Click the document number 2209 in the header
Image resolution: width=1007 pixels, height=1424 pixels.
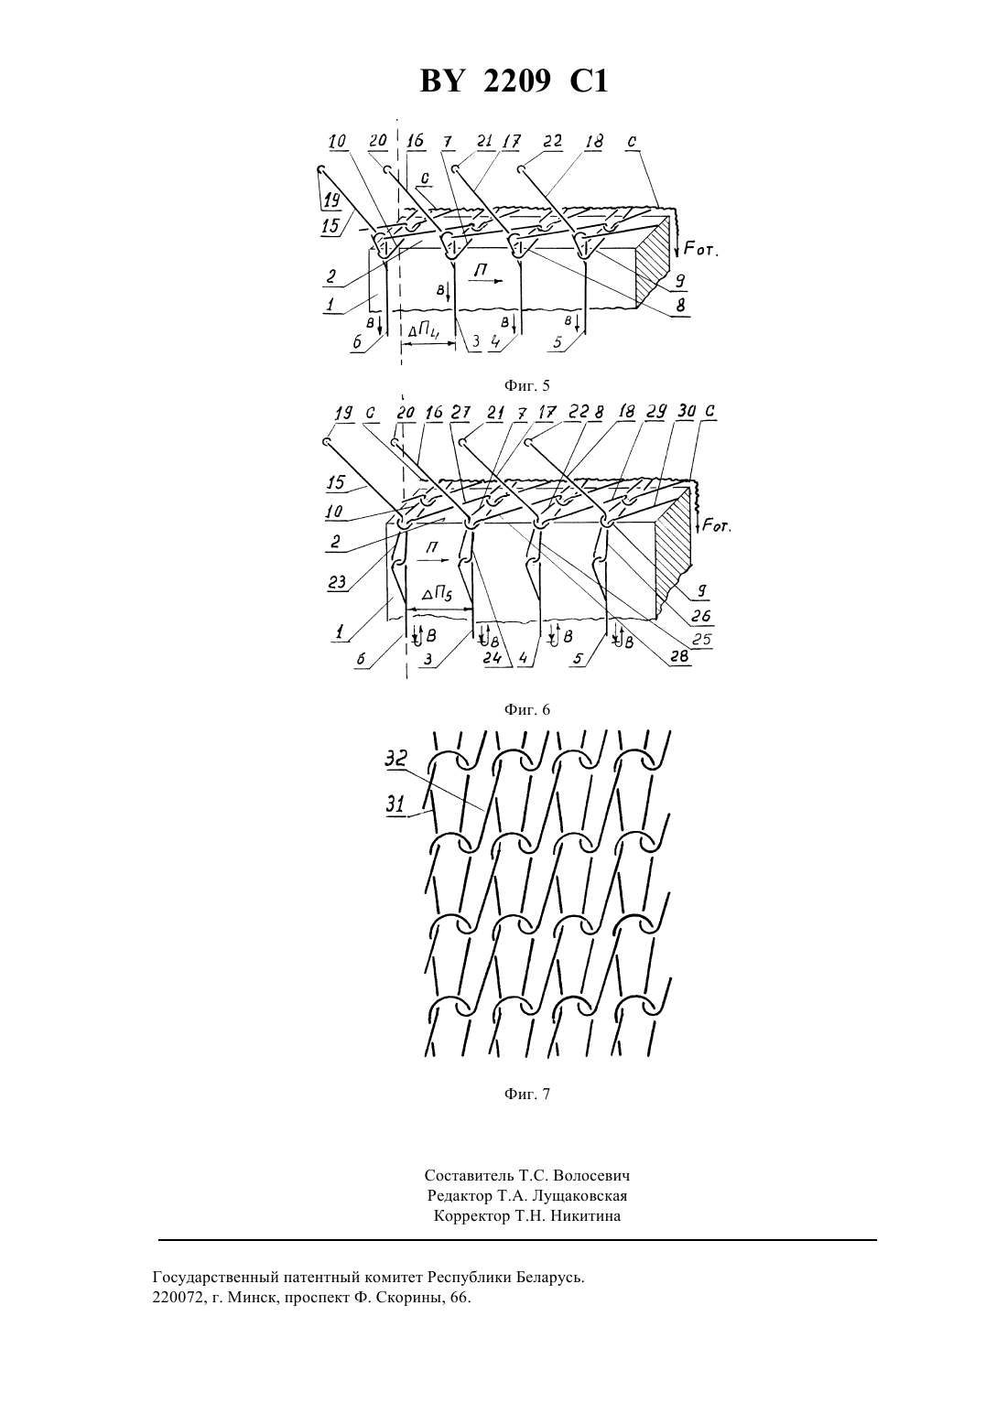[x=517, y=81]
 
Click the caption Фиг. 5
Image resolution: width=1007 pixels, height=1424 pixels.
[x=526, y=385]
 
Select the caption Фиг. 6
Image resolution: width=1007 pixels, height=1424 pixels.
[x=526, y=709]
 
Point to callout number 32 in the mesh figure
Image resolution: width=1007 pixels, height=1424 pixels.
[x=395, y=759]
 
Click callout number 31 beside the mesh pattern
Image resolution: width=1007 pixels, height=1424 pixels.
[x=395, y=804]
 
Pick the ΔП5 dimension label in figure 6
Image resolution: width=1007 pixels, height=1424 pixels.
[x=438, y=595]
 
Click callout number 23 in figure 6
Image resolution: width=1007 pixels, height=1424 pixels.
[x=338, y=582]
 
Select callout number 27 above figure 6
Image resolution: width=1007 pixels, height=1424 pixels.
[x=460, y=413]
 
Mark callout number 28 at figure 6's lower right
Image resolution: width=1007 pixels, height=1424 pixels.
[x=679, y=656]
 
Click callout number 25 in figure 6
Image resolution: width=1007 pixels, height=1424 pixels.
[x=701, y=639]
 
